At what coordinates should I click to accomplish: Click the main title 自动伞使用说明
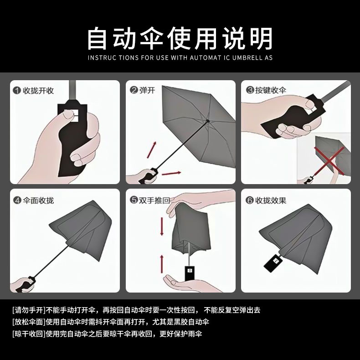(x=180, y=38)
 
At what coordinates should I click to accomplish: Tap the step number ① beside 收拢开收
(x=17, y=91)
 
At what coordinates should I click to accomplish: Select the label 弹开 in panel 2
(x=147, y=90)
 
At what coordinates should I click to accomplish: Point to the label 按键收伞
(x=271, y=90)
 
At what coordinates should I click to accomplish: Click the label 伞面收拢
(x=38, y=201)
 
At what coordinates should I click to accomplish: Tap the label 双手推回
(x=154, y=201)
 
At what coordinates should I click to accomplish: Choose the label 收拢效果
(x=271, y=201)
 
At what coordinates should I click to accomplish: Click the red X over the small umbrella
(x=329, y=161)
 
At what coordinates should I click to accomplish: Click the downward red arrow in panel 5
(x=162, y=226)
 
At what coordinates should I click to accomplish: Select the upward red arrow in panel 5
(x=162, y=264)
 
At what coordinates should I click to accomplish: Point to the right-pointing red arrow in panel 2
(x=171, y=173)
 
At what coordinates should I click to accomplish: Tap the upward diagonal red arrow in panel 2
(x=152, y=149)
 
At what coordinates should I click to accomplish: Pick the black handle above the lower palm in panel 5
(x=190, y=273)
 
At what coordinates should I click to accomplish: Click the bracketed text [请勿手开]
(x=29, y=310)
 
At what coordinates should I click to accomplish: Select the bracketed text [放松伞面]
(x=29, y=322)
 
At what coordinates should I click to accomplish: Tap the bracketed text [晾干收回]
(x=29, y=334)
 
